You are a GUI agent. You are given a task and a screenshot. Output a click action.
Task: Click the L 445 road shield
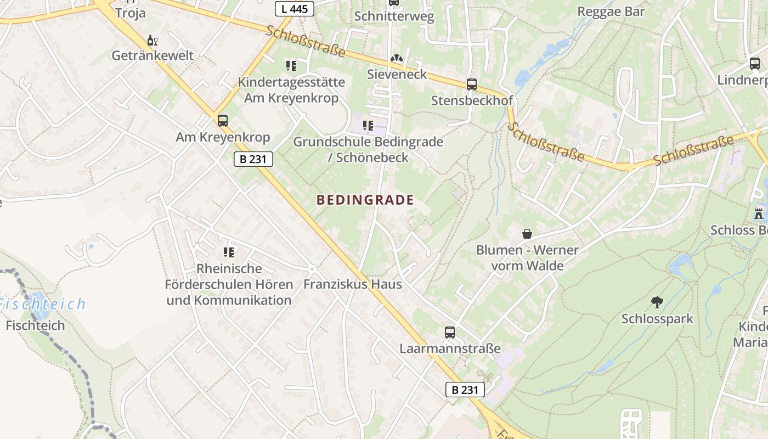294,8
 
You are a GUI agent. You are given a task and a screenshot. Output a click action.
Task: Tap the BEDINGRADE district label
365,200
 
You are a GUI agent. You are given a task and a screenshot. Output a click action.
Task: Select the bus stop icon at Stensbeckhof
471,85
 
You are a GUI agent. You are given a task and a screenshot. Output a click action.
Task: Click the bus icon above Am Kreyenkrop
222,121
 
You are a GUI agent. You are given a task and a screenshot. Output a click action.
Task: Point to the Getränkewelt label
153,55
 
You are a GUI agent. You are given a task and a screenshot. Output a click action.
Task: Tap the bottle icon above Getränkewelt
153,41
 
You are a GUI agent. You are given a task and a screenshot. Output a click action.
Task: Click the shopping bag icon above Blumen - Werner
527,234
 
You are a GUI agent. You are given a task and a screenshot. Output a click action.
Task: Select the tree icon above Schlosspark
657,302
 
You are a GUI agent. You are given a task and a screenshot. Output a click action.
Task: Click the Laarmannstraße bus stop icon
449,332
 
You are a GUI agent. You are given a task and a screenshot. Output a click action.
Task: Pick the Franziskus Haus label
352,284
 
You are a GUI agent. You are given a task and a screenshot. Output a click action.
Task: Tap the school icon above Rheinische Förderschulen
229,252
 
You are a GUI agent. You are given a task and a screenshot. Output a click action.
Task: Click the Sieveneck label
397,74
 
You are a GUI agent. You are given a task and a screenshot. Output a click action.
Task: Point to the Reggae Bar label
611,12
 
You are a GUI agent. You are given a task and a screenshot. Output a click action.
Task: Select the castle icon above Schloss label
759,213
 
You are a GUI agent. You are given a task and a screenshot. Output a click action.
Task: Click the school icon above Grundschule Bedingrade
368,126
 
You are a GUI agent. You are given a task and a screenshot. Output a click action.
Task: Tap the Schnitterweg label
394,16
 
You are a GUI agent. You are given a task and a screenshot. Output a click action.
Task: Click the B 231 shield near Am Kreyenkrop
253,159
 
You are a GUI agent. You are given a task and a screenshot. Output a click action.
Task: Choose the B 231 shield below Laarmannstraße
465,390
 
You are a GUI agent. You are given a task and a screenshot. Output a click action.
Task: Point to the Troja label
130,13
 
